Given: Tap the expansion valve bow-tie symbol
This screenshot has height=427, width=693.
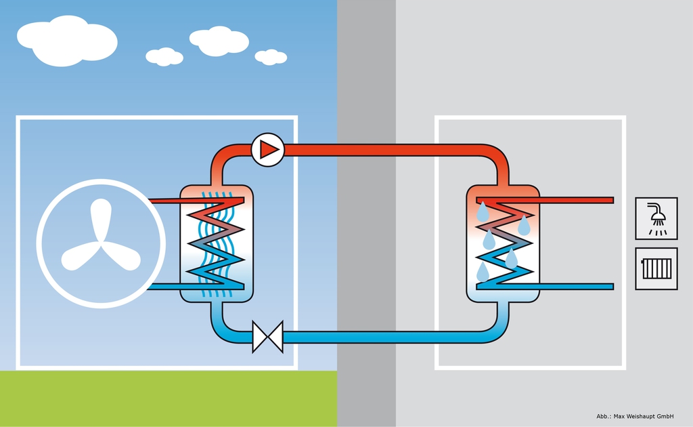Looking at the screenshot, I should tap(267, 336).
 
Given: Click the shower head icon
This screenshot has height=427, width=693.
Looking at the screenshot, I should tap(656, 218).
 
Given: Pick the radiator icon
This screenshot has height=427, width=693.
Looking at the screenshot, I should tap(656, 268).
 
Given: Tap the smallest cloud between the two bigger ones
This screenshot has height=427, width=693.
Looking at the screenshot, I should tap(164, 57).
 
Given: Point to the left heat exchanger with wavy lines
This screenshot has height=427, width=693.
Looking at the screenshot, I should tap(217, 243).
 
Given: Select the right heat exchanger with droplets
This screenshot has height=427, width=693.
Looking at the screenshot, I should tap(503, 243).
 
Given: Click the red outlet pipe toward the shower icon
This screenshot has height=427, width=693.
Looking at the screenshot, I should tap(575, 200).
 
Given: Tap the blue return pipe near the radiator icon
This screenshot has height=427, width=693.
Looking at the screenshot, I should tap(575, 287).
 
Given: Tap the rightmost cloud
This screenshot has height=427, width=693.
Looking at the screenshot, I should tap(271, 57).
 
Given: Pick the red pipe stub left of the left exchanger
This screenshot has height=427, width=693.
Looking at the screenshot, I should tap(164, 201).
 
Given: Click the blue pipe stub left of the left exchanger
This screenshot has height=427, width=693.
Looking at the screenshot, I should tap(164, 287).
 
